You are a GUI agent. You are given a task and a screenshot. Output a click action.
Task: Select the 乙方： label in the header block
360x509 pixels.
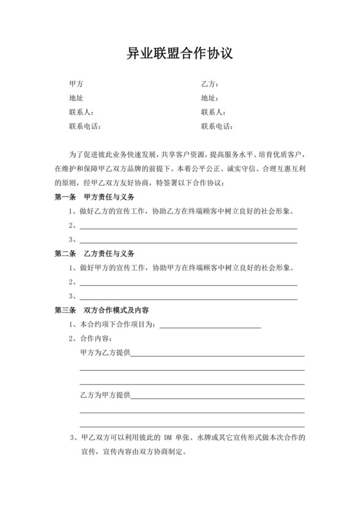point(211,84)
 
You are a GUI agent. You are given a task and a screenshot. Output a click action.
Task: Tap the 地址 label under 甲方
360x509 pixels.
point(76,98)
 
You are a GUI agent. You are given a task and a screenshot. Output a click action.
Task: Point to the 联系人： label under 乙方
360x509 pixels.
point(214,112)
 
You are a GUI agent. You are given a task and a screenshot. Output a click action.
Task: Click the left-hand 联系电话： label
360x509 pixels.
point(85,127)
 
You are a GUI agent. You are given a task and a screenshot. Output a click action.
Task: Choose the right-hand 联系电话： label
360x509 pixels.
point(218,127)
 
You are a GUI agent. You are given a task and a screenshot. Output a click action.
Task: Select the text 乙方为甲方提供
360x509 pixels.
point(105,395)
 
